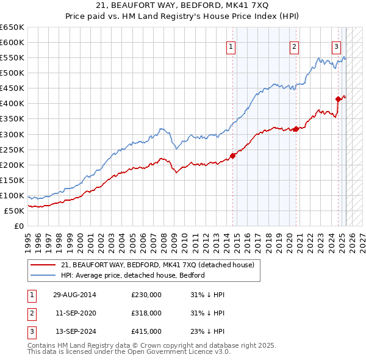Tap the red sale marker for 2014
[232, 155]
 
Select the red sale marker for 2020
[295, 128]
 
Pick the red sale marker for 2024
[338, 99]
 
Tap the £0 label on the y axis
[19, 226]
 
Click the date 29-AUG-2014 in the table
[74, 295]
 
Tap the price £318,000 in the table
[146, 313]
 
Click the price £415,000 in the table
[146, 331]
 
